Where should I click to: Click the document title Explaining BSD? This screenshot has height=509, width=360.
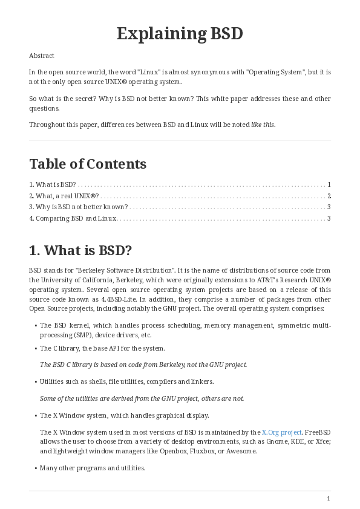[180, 34]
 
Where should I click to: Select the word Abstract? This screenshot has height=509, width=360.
[42, 56]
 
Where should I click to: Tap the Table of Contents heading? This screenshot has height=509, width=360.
[88, 164]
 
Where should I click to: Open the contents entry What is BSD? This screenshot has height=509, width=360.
[53, 184]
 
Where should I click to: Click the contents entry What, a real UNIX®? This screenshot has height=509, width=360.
[64, 196]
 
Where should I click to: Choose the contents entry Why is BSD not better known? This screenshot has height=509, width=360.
[79, 207]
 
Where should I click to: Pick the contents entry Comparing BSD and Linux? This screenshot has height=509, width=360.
[73, 218]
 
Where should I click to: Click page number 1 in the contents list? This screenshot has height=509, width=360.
[329, 184]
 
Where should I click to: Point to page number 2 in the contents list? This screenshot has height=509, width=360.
[329, 196]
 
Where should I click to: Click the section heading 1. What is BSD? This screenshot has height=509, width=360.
[80, 250]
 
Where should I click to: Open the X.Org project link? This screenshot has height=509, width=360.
[281, 432]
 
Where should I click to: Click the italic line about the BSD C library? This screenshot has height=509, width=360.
[143, 365]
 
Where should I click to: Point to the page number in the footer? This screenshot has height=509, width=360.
[329, 498]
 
